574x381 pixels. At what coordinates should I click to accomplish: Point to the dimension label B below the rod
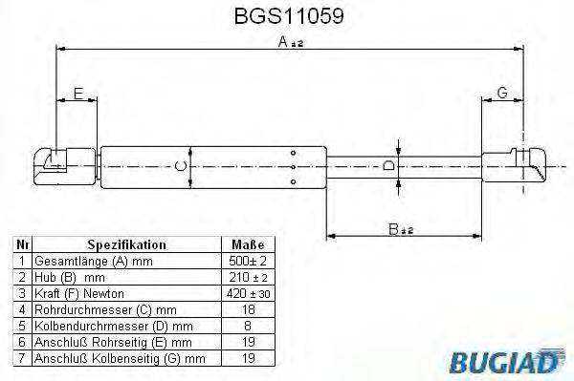[393, 229]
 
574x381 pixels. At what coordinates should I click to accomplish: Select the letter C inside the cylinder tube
[181, 168]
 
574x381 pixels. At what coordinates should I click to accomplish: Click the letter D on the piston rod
[387, 167]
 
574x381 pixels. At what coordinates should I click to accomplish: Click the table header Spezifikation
[126, 244]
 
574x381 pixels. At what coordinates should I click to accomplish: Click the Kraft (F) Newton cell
[78, 293]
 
